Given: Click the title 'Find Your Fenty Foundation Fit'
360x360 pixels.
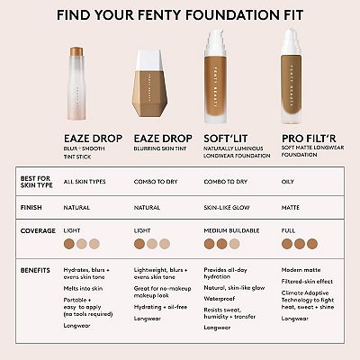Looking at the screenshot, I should (180, 14).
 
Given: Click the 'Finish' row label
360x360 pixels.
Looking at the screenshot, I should (32, 207).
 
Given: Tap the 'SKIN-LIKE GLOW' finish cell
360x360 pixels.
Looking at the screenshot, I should (229, 207).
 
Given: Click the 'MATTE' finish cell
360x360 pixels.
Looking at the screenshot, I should (292, 207).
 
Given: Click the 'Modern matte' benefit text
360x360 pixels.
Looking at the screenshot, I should (301, 269).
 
